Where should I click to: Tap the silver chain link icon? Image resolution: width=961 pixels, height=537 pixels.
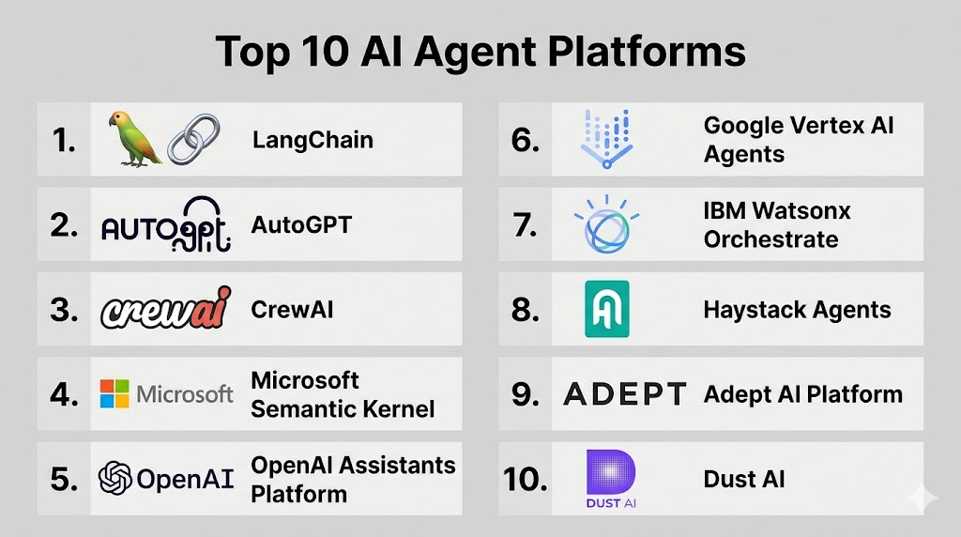[x=193, y=139]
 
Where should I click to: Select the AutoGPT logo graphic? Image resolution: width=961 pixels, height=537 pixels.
[x=166, y=225]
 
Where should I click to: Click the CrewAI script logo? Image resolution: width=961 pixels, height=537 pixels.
[x=166, y=308]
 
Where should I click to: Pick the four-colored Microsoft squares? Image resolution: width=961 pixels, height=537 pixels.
[x=114, y=393]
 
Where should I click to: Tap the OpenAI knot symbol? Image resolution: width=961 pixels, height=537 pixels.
[x=115, y=478]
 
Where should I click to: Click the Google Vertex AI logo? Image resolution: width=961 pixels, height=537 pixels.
[x=607, y=139]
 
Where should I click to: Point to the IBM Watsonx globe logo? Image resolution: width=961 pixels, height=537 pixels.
[x=607, y=224]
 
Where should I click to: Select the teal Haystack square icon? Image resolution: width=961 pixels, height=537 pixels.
[x=607, y=309]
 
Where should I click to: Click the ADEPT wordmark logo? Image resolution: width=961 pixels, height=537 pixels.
[x=624, y=394]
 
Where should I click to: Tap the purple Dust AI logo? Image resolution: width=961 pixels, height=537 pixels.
[x=611, y=479]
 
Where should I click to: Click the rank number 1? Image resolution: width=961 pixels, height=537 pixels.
[x=65, y=141]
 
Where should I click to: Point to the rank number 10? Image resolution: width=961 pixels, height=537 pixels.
[x=526, y=480]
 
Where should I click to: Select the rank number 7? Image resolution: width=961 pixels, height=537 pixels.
[x=526, y=225]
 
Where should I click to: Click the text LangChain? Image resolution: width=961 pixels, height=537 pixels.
[x=313, y=141]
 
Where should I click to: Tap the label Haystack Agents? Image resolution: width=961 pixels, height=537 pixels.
[x=798, y=310]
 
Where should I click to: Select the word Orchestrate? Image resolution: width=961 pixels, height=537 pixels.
[x=771, y=239]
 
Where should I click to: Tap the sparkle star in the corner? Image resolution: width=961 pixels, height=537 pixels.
[x=923, y=499]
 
